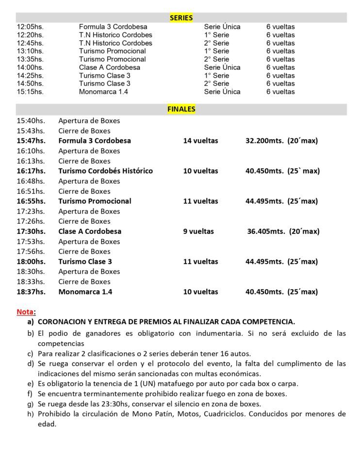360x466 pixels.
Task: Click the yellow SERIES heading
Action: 181,18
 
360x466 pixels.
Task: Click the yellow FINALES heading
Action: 181,109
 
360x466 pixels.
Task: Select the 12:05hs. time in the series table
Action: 30,27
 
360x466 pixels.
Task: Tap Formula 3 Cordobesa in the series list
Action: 113,27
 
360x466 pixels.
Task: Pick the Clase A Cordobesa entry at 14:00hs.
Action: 110,67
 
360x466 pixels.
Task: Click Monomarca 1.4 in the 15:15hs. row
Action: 103,92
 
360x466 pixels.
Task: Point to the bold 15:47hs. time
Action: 31,141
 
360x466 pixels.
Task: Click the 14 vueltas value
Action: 200,141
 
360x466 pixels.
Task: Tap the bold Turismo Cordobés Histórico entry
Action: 105,171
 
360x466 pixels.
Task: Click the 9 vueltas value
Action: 198,232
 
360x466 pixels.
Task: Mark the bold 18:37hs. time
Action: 31,292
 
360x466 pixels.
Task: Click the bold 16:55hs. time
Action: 31,201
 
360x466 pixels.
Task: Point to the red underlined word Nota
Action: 25,312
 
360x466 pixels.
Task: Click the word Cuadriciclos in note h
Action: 231,414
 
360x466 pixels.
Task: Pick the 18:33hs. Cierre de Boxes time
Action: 31,282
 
